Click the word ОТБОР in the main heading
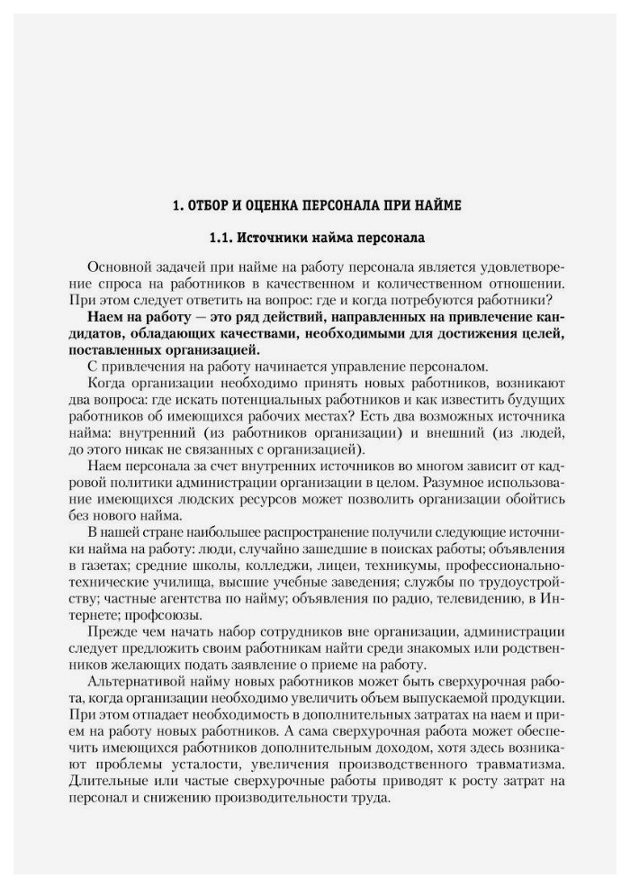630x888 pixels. click(208, 206)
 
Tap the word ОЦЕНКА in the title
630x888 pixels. click(268, 206)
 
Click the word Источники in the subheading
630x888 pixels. click(276, 239)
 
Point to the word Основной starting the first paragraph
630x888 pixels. click(118, 269)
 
